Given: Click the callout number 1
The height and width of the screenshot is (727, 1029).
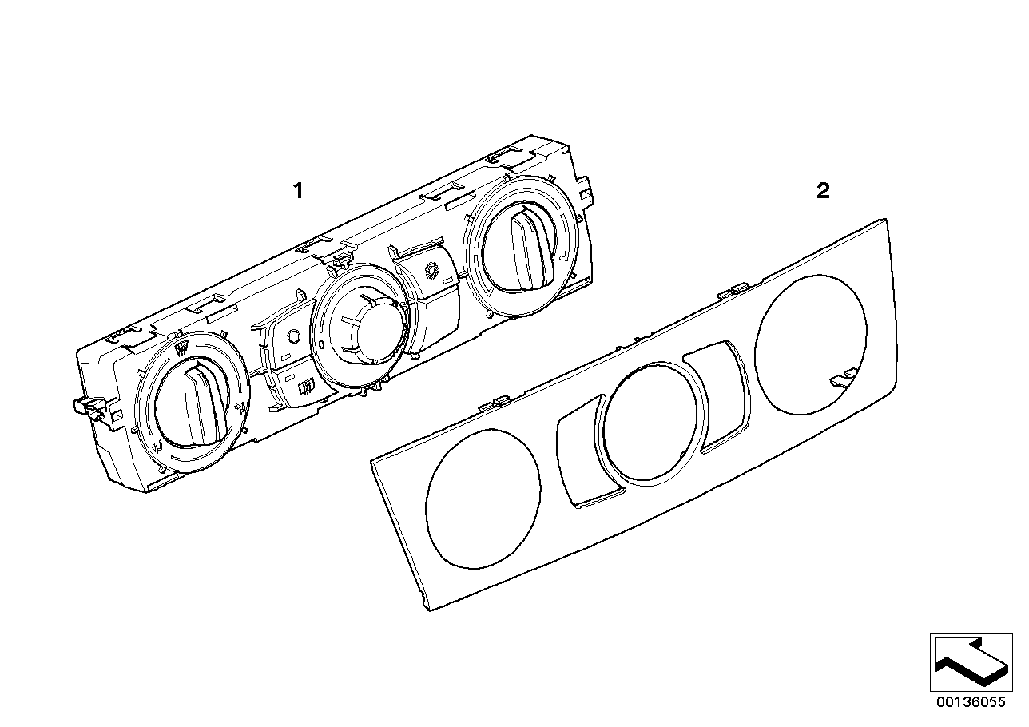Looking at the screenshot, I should pos(298,191).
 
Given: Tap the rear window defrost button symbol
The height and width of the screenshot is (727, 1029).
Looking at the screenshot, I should pos(304,390).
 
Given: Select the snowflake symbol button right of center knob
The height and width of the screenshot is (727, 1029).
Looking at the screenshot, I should pos(434,272).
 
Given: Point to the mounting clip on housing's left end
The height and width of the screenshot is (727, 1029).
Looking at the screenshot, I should pos(89,407).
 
